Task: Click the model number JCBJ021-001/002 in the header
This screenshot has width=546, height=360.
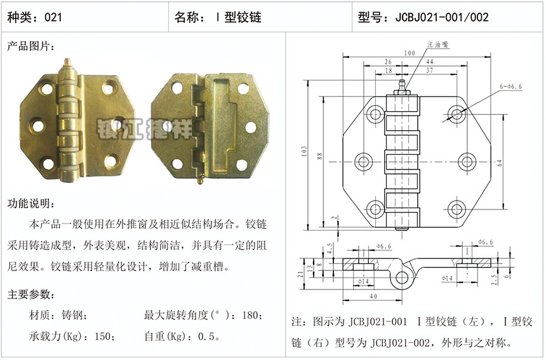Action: [442, 17]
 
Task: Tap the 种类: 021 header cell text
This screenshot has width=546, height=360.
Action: [34, 17]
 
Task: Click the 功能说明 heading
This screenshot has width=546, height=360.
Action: [31, 203]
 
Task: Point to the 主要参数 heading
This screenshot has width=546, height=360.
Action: [31, 295]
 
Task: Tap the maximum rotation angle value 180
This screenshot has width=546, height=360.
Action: [250, 316]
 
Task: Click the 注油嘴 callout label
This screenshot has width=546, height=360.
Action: [437, 44]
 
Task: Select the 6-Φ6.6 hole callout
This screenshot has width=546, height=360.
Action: [511, 86]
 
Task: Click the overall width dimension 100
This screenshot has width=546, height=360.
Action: [410, 53]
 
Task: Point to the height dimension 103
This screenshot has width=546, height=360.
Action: [304, 151]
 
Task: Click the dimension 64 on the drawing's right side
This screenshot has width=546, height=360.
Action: [500, 163]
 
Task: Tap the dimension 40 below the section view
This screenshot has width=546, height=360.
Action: [373, 297]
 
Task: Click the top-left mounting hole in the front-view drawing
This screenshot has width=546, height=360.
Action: [375, 113]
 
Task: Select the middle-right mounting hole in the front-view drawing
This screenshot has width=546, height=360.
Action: [467, 161]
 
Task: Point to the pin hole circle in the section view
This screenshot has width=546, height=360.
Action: [402, 277]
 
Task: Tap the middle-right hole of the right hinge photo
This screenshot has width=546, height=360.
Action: [250, 127]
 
